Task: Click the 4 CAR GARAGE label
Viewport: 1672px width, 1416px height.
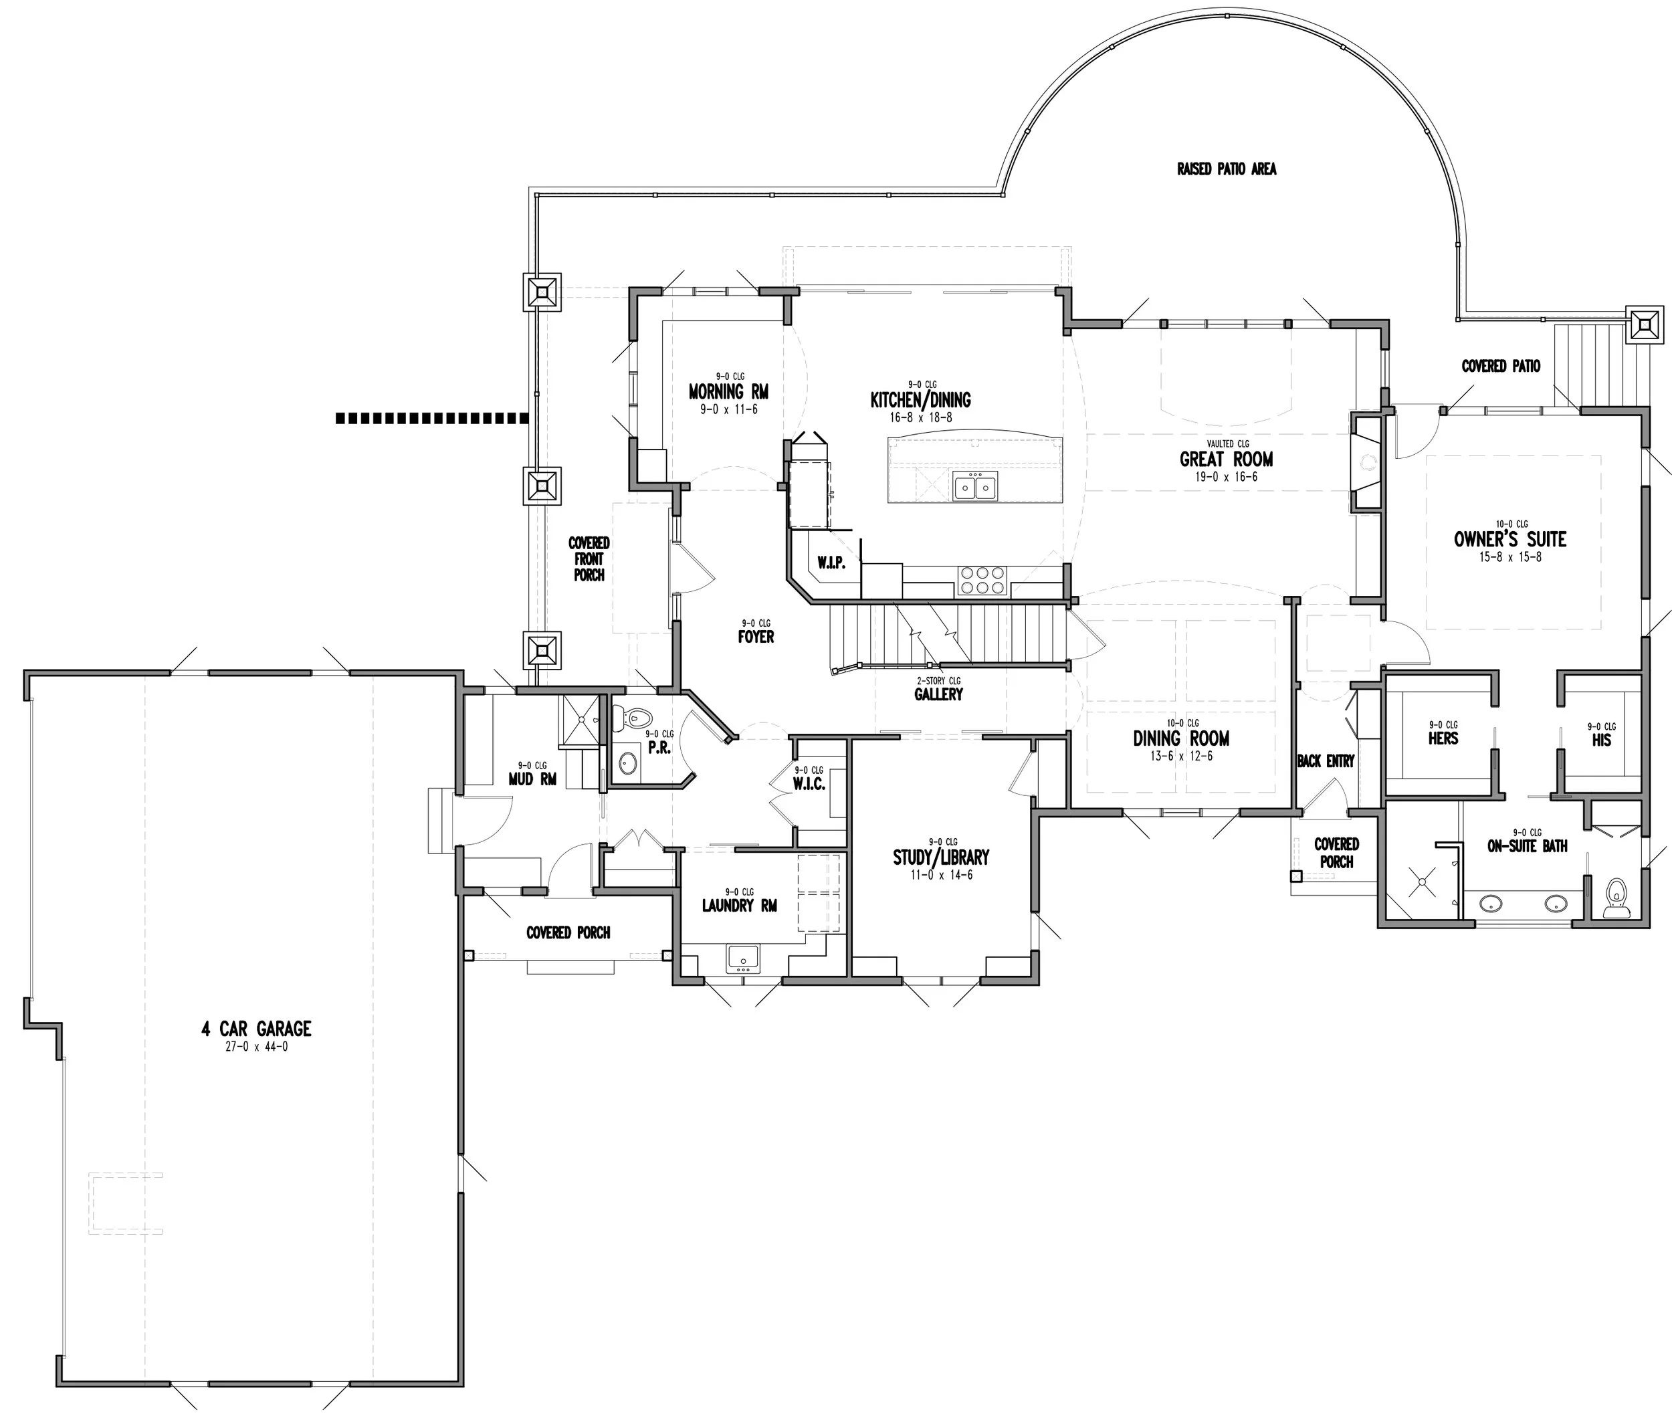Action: tap(256, 1028)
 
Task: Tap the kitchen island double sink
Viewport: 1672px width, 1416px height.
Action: tap(975, 486)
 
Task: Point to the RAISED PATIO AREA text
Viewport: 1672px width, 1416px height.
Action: tap(1226, 169)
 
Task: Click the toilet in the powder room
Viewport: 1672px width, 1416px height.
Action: tap(637, 717)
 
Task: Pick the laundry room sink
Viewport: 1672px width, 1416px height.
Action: tap(742, 957)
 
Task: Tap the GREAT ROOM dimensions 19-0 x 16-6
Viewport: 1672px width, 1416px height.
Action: tap(1226, 477)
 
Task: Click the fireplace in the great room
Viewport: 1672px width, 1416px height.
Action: tap(1367, 462)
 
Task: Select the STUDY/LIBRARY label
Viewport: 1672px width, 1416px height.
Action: tap(941, 857)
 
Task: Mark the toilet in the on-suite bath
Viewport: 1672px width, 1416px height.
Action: tap(1615, 898)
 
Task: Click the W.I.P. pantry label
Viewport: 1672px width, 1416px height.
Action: tap(831, 563)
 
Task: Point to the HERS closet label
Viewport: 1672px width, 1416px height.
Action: tap(1443, 738)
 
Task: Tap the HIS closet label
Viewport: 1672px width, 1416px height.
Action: tap(1600, 739)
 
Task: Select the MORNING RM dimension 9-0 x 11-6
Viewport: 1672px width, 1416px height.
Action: tap(728, 409)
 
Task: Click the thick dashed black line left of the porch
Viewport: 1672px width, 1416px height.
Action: tap(432, 417)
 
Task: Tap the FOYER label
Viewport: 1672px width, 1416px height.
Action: tap(755, 637)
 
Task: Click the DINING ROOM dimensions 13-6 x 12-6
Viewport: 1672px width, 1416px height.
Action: tap(1180, 756)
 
